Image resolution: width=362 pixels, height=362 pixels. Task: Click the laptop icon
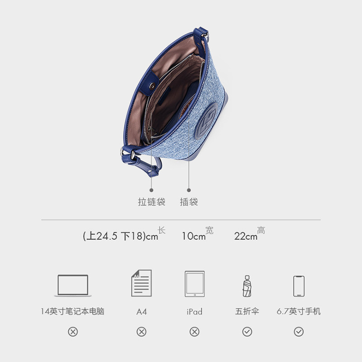pos(73,286)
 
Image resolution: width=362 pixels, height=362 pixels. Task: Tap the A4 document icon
pos(141,283)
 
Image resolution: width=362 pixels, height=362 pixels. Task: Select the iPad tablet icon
pos(195,284)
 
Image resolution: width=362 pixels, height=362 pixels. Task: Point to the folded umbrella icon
pos(247,286)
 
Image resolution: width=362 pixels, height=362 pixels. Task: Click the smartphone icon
pos(299,286)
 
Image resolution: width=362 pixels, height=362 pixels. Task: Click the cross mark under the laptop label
pos(73,332)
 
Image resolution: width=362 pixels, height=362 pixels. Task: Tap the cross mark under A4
pos(141,332)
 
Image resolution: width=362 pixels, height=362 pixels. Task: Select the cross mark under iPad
pos(195,332)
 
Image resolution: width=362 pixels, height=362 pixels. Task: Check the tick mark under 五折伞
pos(247,332)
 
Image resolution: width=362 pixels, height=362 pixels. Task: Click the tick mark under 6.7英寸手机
pos(299,332)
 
